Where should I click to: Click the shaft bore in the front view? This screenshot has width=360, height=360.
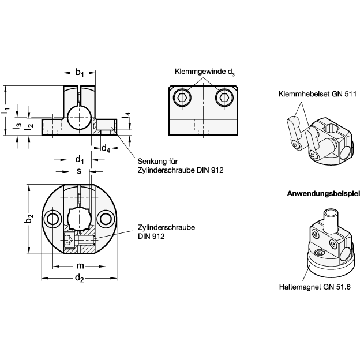click(x=79, y=118)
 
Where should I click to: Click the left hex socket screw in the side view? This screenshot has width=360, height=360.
click(x=182, y=97)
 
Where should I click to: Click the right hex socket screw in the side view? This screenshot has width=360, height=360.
click(x=224, y=97)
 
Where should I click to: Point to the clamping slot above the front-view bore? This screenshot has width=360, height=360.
click(x=79, y=95)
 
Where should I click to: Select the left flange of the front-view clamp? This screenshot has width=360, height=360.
click(x=52, y=126)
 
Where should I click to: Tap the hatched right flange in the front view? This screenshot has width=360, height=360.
click(x=106, y=127)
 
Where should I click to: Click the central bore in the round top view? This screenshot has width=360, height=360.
click(x=78, y=219)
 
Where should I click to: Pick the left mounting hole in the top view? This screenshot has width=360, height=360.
click(x=52, y=219)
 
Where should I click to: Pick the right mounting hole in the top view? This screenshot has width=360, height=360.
click(x=105, y=219)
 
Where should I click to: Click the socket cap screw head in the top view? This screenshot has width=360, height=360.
click(x=70, y=240)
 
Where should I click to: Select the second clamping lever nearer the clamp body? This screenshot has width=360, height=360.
click(x=312, y=142)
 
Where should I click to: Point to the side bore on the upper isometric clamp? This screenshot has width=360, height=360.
click(x=344, y=151)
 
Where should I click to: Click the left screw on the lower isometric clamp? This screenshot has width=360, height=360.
click(x=315, y=234)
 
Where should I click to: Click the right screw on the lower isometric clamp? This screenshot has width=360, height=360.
click(x=333, y=244)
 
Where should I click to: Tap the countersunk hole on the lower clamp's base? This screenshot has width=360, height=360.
click(x=320, y=253)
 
